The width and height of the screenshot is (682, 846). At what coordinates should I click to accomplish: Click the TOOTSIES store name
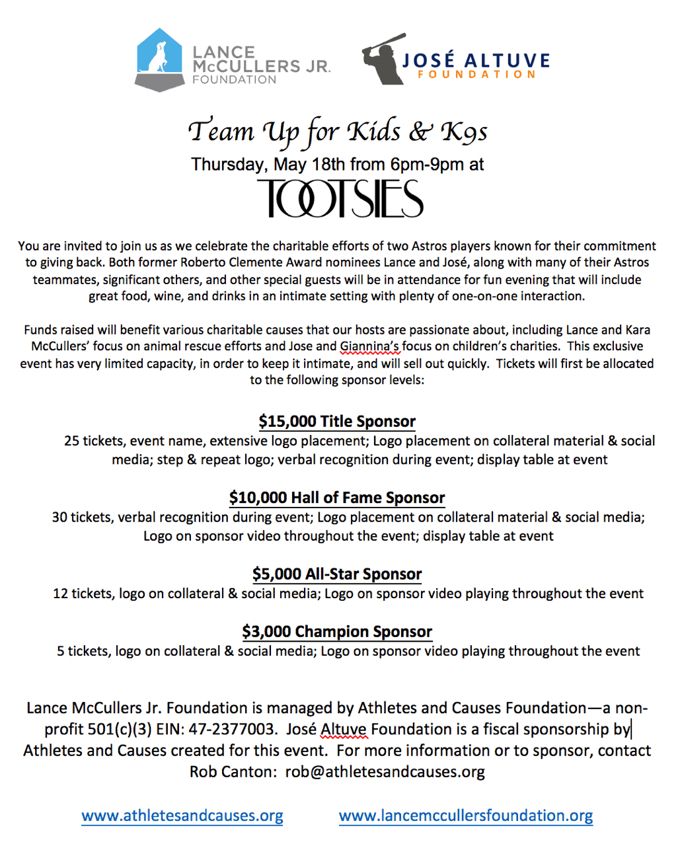coord(340,199)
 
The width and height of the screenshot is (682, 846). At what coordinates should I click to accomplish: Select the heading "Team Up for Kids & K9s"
coord(338,132)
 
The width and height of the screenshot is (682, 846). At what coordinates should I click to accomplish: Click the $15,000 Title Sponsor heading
coord(337,422)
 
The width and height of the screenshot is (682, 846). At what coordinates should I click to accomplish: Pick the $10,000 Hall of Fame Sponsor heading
coord(337,498)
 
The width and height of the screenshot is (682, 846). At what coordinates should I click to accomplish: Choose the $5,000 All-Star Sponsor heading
coord(337,574)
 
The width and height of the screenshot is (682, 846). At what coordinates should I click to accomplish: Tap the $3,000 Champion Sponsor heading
coord(337,632)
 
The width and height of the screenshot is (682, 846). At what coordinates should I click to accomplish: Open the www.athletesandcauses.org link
coord(182,816)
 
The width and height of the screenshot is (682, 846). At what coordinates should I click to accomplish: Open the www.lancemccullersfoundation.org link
coord(466,816)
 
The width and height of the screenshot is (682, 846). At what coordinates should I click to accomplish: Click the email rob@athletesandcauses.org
coord(385,771)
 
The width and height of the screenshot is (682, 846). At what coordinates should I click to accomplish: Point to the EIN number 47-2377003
coord(232,730)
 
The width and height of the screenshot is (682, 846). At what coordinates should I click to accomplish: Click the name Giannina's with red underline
coord(369,346)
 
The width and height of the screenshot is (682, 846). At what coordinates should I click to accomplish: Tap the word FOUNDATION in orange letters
coord(476,75)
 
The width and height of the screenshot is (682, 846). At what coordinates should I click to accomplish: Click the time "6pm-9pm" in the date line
coord(427,165)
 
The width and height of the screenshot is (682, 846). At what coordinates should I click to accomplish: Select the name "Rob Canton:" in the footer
coord(233,771)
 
